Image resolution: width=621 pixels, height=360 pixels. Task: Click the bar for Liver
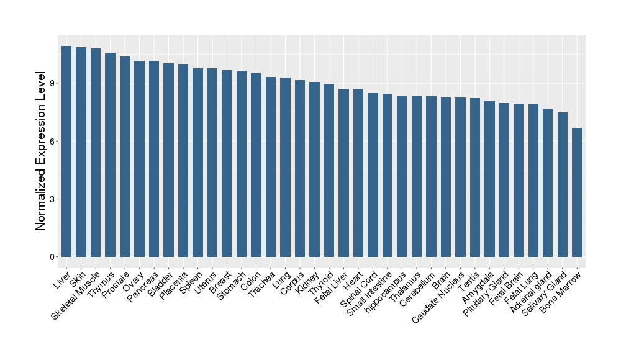click(66, 151)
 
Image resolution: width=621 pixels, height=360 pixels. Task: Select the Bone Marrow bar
click(577, 192)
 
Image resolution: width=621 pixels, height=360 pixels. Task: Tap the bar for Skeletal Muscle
click(96, 153)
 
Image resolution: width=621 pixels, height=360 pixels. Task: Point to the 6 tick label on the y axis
click(53, 141)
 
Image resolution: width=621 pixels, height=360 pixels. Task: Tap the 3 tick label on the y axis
click(53, 199)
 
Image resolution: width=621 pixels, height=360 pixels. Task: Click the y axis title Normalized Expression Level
click(41, 151)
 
